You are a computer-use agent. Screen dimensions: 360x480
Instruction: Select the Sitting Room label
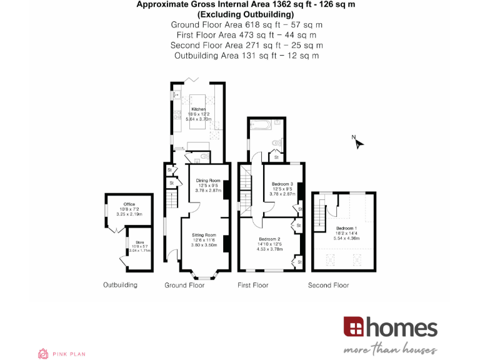coord(204,235)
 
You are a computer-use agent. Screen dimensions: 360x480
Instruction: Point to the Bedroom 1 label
coord(346,228)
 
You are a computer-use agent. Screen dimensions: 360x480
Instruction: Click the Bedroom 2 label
coord(269,239)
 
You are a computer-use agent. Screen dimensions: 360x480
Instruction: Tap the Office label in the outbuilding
coord(129,204)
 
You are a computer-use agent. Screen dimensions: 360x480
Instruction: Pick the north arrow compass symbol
coord(358,143)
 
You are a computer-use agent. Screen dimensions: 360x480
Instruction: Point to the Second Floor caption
coord(329,286)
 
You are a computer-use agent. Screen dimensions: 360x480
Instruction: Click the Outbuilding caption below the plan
coord(120,286)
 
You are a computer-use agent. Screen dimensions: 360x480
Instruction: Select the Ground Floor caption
coord(184,286)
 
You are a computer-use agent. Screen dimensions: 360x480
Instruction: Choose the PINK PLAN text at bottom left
coord(69,354)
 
